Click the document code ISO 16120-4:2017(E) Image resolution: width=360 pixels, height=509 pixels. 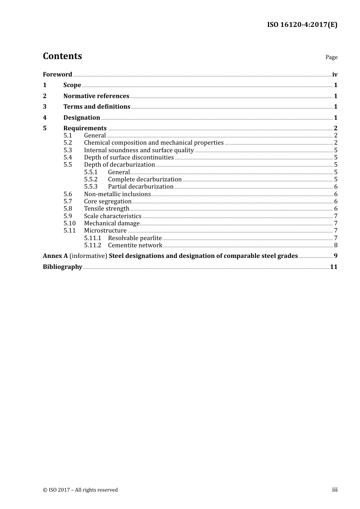[302, 25]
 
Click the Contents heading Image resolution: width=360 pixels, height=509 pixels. [62, 56]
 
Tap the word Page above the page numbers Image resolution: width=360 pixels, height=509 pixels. [331, 57]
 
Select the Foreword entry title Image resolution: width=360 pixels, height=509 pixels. [57, 74]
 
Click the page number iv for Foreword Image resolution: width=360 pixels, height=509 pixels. [335, 74]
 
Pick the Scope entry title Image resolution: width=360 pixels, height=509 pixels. [72, 85]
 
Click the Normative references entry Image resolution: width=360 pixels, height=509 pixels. [96, 96]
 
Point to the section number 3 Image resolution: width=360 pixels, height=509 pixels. [45, 107]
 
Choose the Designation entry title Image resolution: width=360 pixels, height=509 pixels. [81, 117]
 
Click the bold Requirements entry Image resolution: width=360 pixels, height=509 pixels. [85, 128]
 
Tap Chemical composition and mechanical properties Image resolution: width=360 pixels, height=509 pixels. [154, 143]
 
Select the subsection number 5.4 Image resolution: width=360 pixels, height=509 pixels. [68, 157]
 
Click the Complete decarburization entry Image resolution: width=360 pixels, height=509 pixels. [145, 179]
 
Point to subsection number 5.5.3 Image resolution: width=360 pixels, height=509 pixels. [91, 186]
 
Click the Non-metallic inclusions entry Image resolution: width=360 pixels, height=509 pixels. [117, 194]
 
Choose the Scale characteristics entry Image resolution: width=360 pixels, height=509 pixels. [113, 216]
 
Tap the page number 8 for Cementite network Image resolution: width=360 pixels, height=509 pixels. [336, 245]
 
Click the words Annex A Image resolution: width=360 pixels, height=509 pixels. [55, 256]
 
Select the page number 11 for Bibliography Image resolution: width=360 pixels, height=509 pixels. [333, 267]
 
